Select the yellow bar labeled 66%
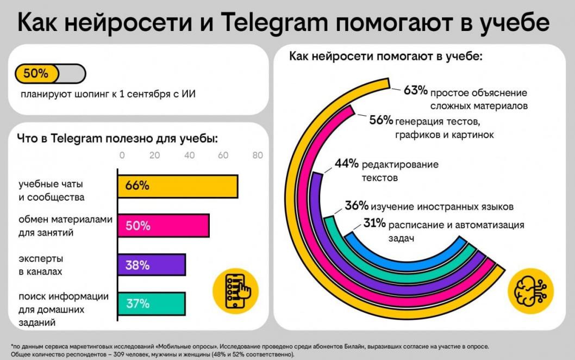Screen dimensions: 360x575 pyautogui.click(x=177, y=186)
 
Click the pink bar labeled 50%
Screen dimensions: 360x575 pyautogui.click(x=163, y=226)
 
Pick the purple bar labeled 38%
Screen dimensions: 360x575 pyautogui.click(x=151, y=265)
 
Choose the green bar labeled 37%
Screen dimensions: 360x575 pyautogui.click(x=151, y=304)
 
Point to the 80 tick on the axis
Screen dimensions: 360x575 pyautogui.click(x=257, y=156)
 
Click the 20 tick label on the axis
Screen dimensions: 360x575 pyautogui.click(x=155, y=156)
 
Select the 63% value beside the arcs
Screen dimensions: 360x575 pyautogui.click(x=416, y=91)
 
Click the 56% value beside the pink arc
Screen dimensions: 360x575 pyautogui.click(x=380, y=120)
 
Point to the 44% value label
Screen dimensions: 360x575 pyautogui.click(x=346, y=164)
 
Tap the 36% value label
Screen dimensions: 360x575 pyautogui.click(x=357, y=206)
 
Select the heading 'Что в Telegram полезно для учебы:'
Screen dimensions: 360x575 pyautogui.click(x=117, y=139)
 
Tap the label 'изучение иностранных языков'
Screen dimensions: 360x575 pyautogui.click(x=443, y=207)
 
